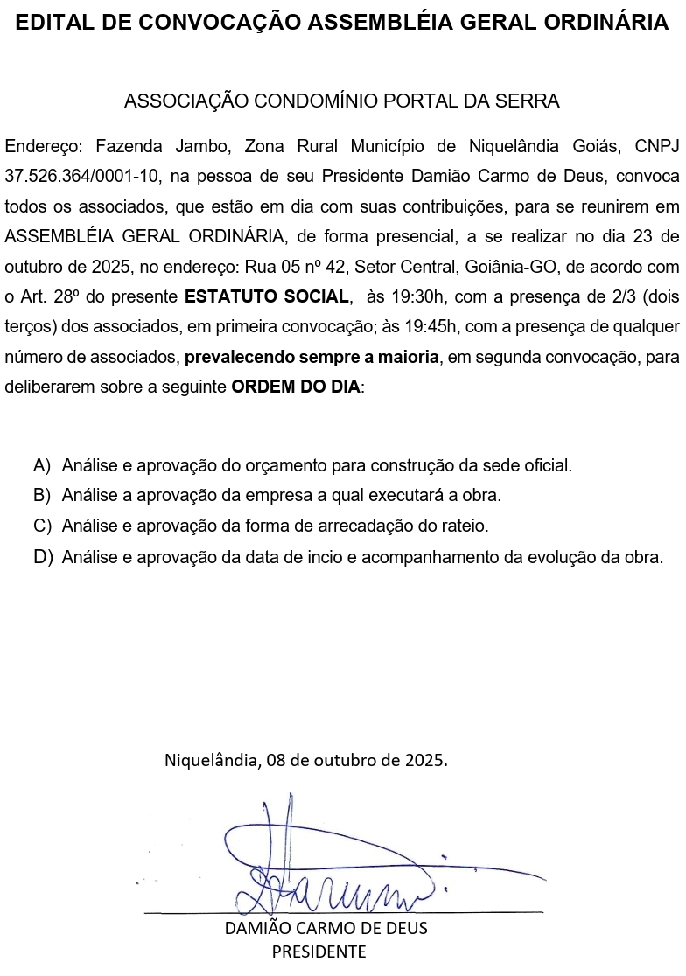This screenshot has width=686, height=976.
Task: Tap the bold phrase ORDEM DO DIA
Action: pos(297,387)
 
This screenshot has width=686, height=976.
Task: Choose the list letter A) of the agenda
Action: pos(42,465)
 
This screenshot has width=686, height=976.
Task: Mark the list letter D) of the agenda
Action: pos(42,557)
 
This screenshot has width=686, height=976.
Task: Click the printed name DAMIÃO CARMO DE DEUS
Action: pos(326,928)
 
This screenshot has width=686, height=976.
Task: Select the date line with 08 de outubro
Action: pos(306,759)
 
